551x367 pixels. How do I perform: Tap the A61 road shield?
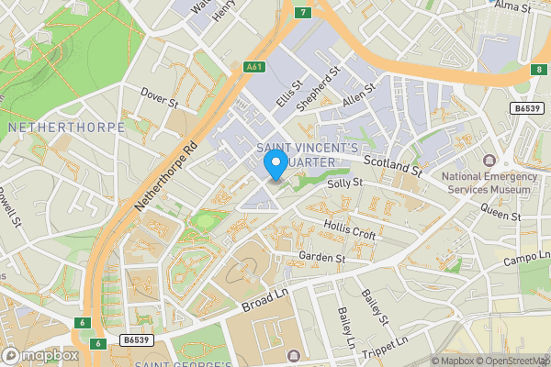[x=255, y=66]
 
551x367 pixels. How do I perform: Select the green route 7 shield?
[x=302, y=12]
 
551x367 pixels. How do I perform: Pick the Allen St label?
[x=359, y=97]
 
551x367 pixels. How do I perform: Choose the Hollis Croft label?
[x=350, y=229]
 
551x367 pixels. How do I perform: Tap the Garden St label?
[x=321, y=258]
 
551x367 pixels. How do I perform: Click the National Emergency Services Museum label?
[x=486, y=183]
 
